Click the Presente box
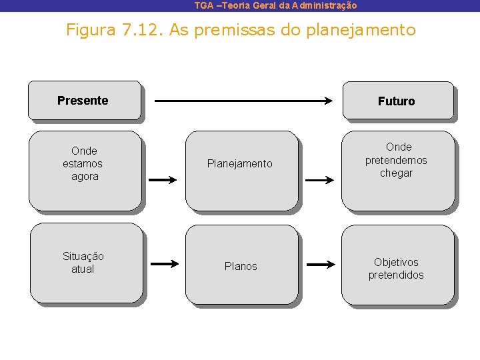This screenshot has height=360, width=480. pyautogui.click(x=84, y=100)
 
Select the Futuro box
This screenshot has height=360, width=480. pyautogui.click(x=397, y=101)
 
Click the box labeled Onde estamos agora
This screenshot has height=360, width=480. pyautogui.click(x=85, y=170)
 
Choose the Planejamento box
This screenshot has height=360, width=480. pyautogui.click(x=241, y=170)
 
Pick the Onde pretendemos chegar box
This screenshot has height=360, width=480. pyautogui.click(x=397, y=170)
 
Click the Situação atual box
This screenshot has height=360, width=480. pyautogui.click(x=85, y=263)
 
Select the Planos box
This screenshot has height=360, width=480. pyautogui.click(x=241, y=264)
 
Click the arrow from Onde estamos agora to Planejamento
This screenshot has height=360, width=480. pyautogui.click(x=162, y=180)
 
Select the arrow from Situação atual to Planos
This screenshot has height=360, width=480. pyautogui.click(x=163, y=265)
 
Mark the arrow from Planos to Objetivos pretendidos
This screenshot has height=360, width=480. pyautogui.click(x=321, y=265)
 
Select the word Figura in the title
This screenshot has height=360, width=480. pyautogui.click(x=89, y=30)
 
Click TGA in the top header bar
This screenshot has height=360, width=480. pyautogui.click(x=204, y=5)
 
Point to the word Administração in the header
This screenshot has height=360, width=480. pyautogui.click(x=324, y=5)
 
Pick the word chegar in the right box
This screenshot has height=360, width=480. pyautogui.click(x=397, y=173)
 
